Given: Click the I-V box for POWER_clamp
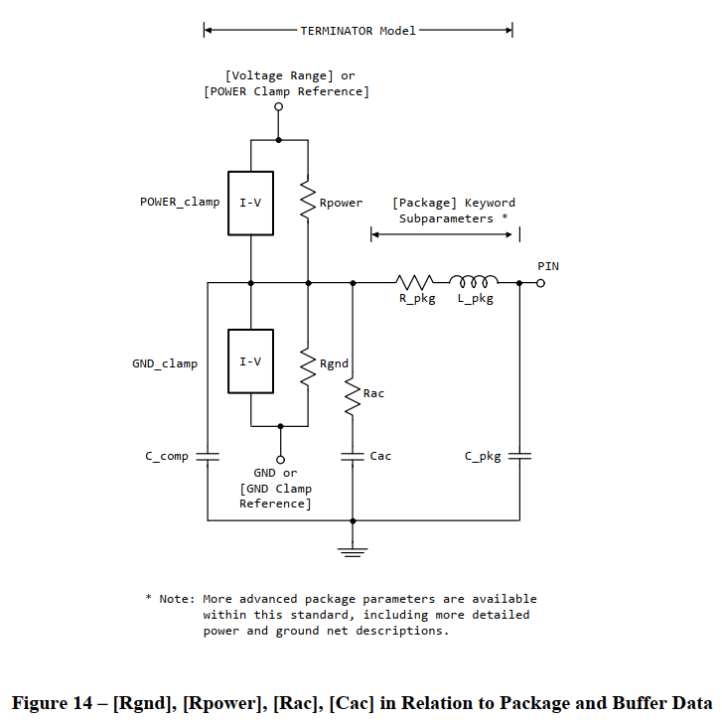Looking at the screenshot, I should tap(250, 203).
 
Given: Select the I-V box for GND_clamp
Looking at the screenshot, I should tap(250, 361).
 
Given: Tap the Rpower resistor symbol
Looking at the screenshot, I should tap(308, 203).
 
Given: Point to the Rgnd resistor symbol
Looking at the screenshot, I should tap(308, 363).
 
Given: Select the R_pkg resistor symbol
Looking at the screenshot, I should tap(415, 283).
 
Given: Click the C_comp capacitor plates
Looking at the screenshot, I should tap(207, 457).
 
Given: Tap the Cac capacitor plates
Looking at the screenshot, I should tap(353, 457).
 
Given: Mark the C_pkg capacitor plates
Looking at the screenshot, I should tap(519, 457).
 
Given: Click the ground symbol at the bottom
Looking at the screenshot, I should tap(353, 548).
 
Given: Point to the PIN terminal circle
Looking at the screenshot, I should tap(540, 283).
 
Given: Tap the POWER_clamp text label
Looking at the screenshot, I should tap(180, 203).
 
